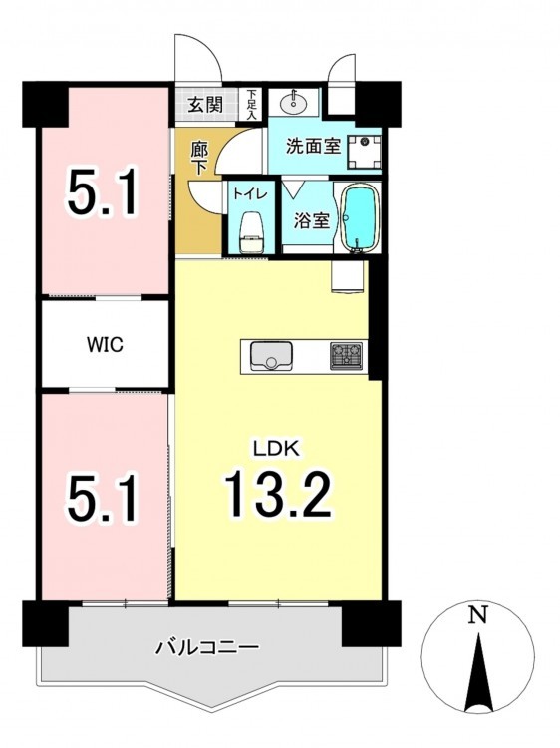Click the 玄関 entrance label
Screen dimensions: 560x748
205,105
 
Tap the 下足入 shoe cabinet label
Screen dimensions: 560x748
251,105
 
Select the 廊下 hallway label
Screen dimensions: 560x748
199,159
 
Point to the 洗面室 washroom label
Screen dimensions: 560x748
314,146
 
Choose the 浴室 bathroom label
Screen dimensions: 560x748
311,220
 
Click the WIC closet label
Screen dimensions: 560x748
105,344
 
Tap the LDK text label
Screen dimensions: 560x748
276,449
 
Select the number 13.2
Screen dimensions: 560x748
278,494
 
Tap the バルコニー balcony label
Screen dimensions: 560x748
208,647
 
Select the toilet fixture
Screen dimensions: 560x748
251,231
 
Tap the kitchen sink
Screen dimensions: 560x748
271,356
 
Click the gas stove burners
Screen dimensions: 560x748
347,355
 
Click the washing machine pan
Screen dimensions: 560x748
365,152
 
